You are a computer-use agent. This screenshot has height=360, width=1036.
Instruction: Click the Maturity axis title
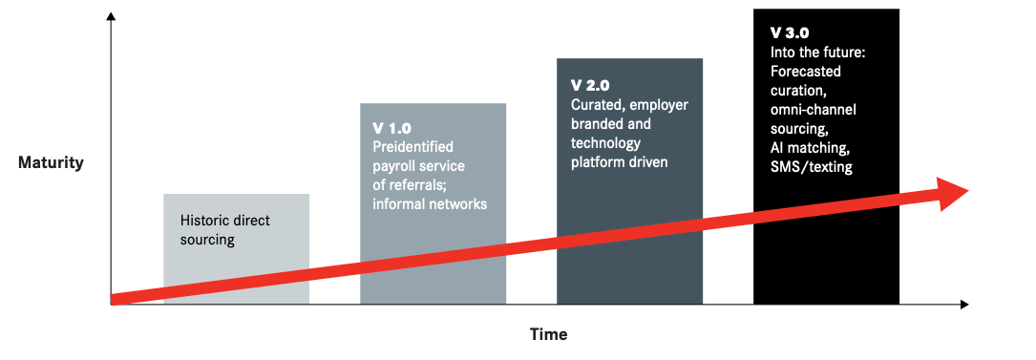[51, 162]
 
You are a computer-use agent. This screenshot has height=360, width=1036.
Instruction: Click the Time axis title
[548, 334]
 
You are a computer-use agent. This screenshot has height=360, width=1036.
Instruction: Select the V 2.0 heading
[590, 86]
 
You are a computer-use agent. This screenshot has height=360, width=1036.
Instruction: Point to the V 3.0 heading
[790, 33]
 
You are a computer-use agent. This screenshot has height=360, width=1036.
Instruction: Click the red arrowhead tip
[968, 190]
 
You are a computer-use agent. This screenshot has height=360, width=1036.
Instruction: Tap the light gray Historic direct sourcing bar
[237, 248]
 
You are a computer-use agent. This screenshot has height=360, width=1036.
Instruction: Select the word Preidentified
[412, 147]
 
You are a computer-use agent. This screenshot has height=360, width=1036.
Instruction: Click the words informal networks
[430, 204]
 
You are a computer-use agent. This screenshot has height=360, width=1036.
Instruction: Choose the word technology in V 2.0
[606, 143]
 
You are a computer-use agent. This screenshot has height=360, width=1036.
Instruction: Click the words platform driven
[619, 161]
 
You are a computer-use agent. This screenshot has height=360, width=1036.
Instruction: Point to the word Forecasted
[806, 72]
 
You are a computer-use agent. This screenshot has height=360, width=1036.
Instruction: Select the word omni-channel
[814, 110]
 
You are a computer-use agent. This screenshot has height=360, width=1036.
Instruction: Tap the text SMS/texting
[812, 167]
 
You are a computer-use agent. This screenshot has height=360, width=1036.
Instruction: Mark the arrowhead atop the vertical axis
[111, 15]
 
